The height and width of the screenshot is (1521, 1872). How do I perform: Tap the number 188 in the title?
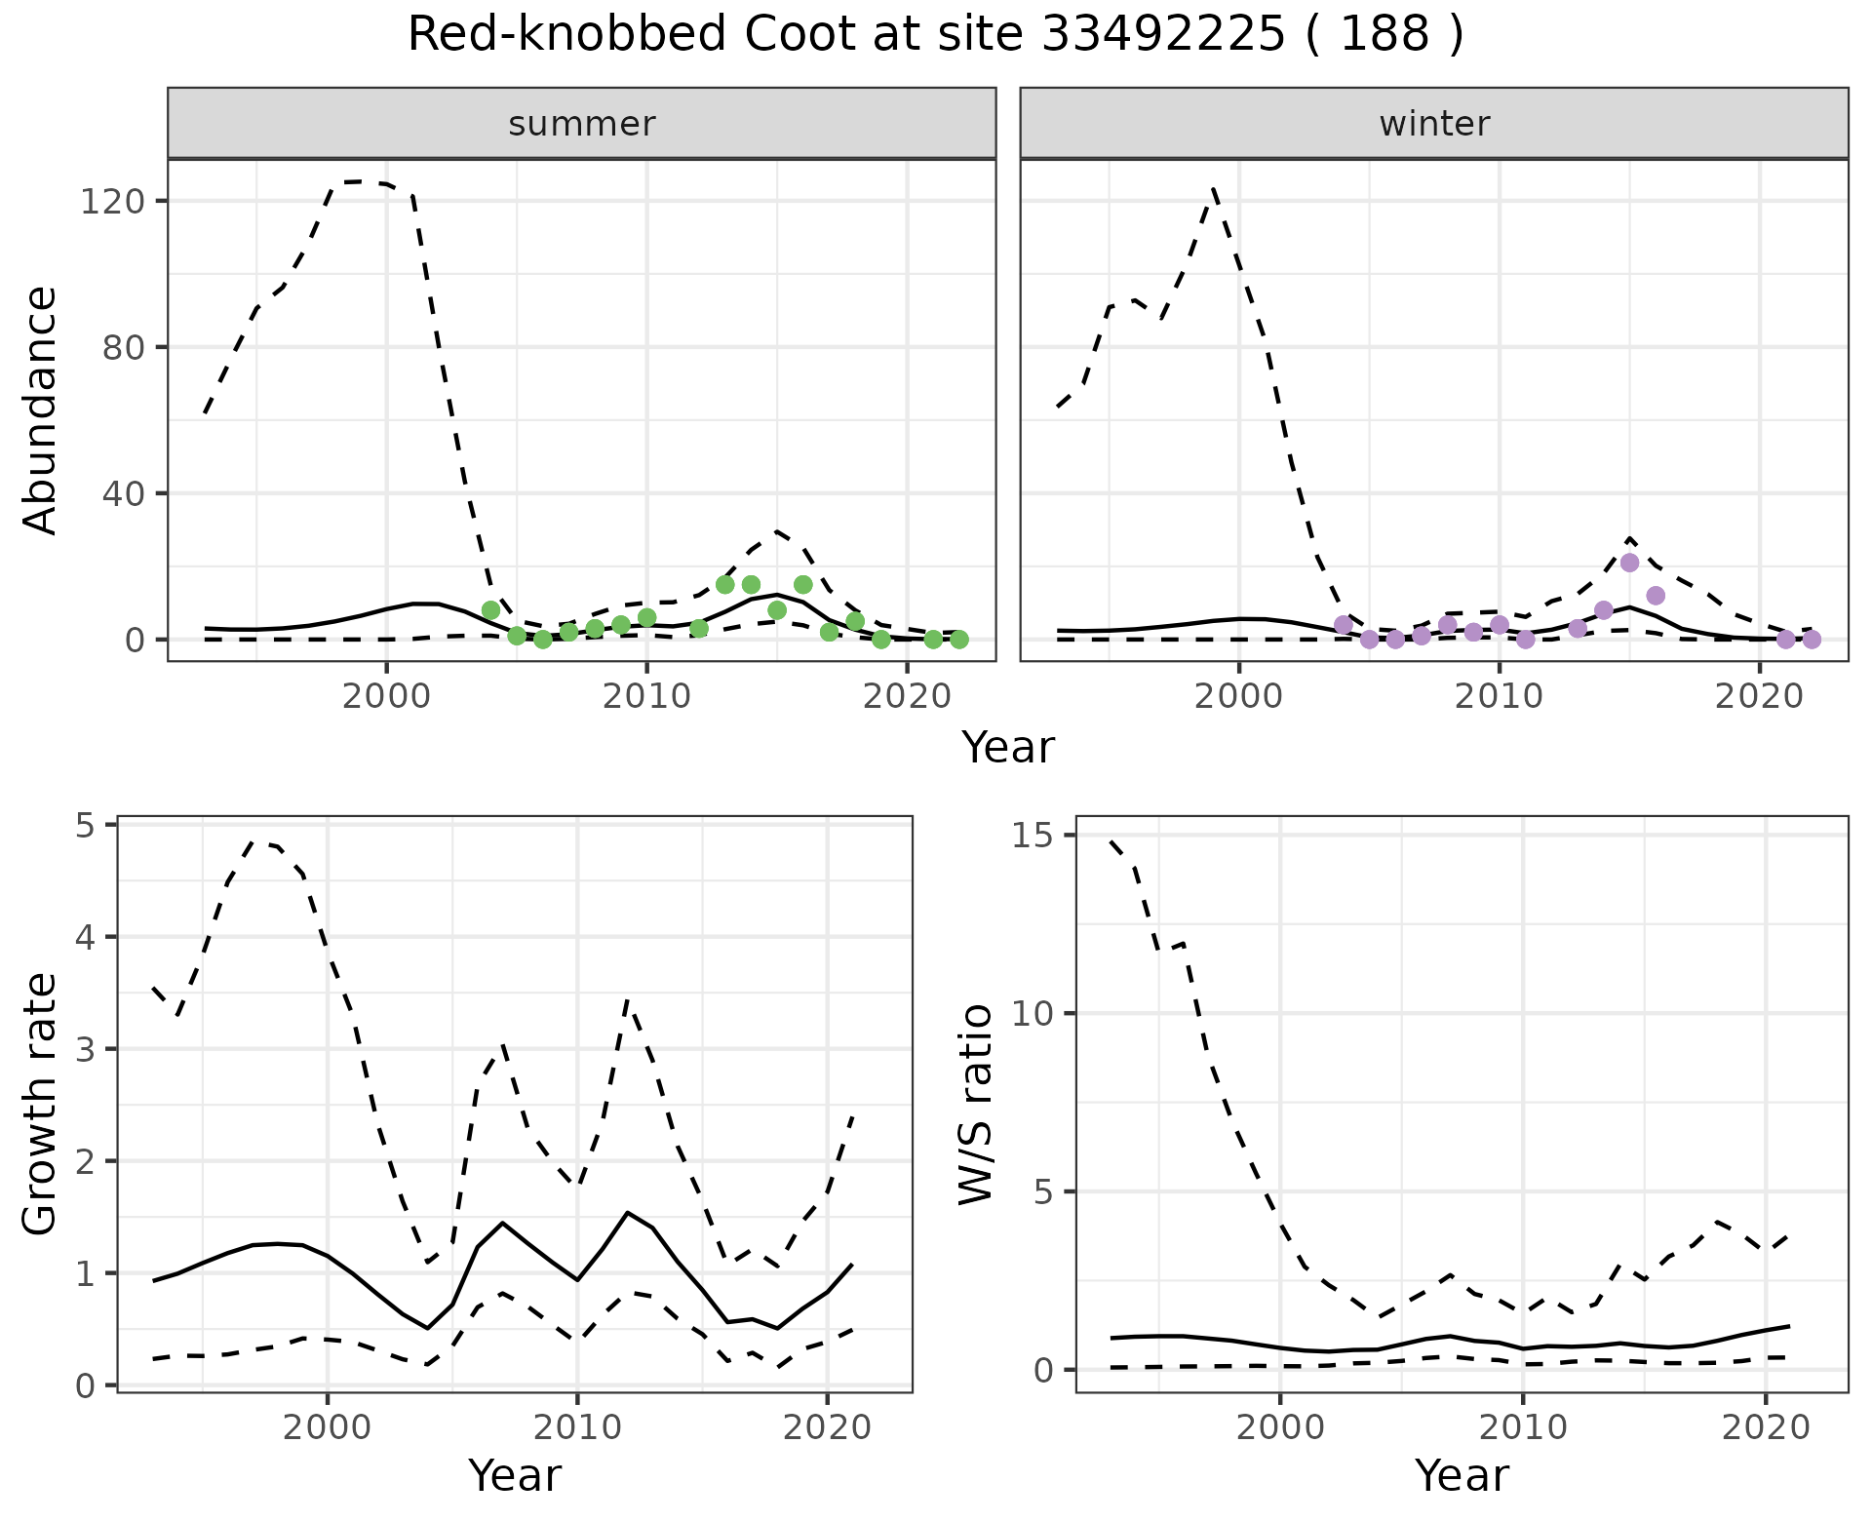click(x=1384, y=35)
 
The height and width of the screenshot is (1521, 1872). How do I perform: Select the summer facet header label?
click(x=582, y=124)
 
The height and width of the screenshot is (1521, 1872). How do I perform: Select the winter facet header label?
click(x=1434, y=124)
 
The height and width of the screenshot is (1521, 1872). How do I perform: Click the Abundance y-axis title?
click(x=40, y=409)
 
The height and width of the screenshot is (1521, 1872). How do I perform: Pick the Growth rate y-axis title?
click(x=40, y=1105)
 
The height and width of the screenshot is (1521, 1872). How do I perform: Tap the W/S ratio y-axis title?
click(x=976, y=1105)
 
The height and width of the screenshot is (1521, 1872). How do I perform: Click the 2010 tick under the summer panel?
click(x=646, y=697)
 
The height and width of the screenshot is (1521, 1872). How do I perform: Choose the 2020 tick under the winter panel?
click(x=1760, y=697)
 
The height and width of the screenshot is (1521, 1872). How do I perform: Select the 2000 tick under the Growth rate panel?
click(x=328, y=1428)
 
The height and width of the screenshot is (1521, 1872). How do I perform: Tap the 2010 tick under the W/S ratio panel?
click(x=1522, y=1428)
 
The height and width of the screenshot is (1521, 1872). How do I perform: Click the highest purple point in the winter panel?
click(x=1629, y=563)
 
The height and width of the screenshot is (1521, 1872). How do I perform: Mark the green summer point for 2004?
click(x=490, y=610)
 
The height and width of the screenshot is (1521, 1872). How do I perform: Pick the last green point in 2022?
click(x=959, y=640)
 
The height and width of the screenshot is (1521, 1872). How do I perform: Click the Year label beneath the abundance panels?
click(x=1008, y=748)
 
